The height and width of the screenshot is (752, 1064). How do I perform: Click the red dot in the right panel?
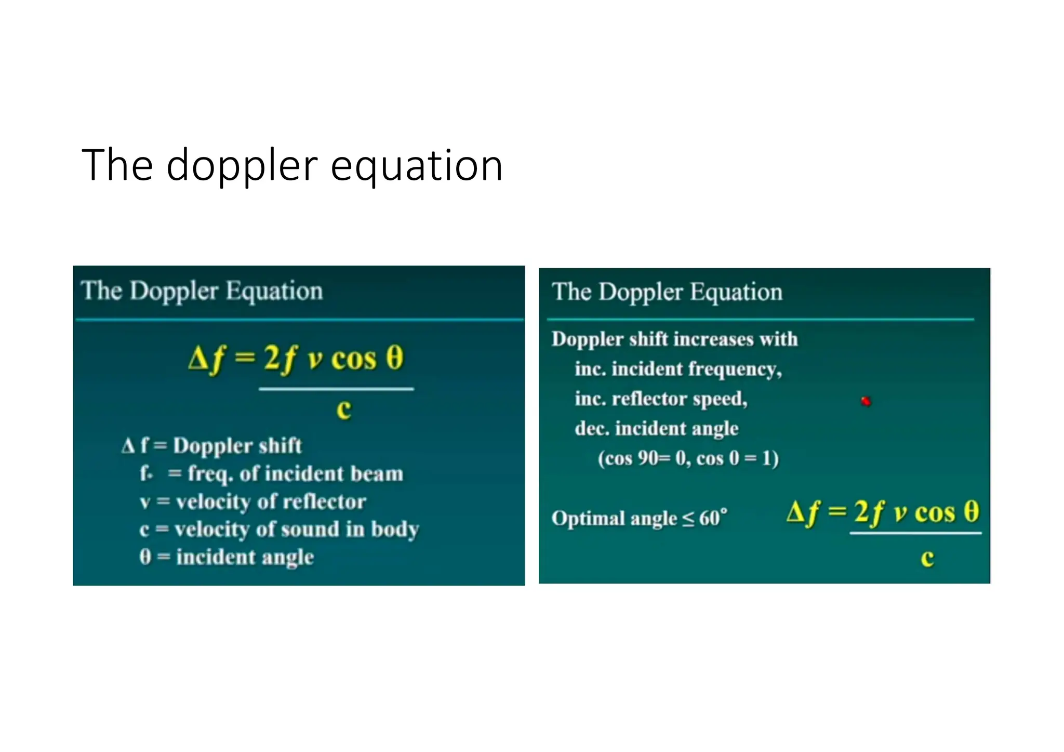(x=866, y=401)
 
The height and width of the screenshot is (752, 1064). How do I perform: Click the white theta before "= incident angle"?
(x=145, y=557)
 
